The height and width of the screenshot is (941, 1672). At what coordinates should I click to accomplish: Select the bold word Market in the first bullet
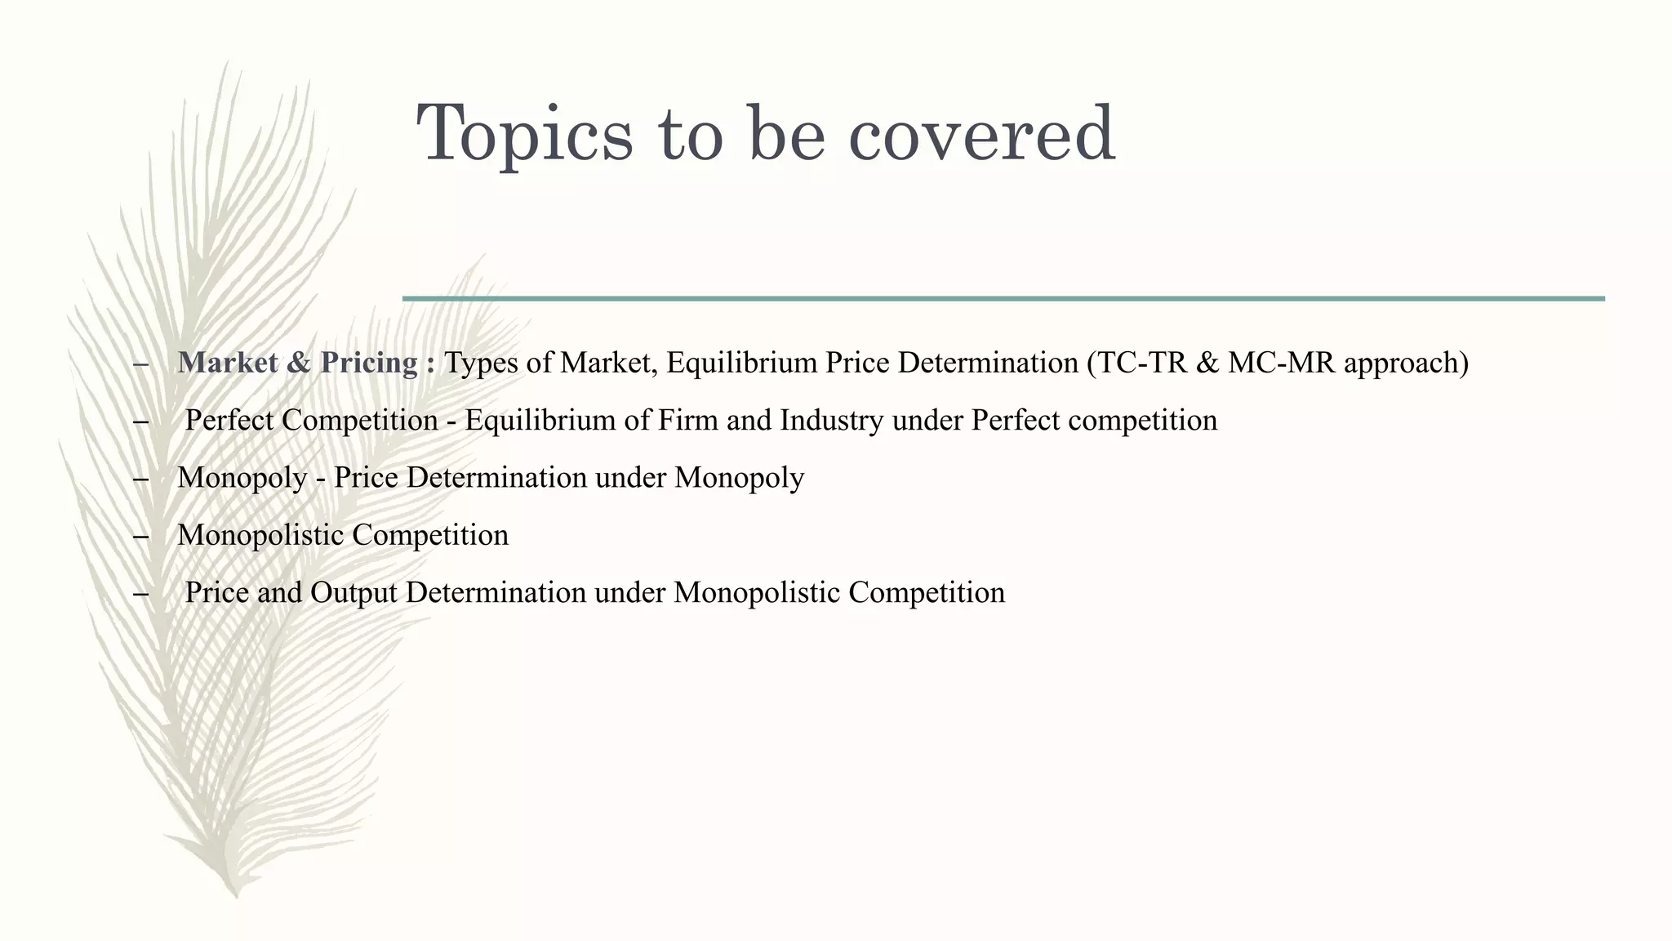point(228,363)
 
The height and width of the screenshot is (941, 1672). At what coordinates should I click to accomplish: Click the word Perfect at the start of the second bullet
point(229,421)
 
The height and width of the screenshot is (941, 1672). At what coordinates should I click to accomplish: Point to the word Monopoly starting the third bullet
point(242,478)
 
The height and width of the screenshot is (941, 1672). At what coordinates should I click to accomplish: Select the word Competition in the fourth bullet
point(430,536)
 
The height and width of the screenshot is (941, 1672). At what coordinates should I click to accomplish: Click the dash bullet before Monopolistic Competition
point(140,537)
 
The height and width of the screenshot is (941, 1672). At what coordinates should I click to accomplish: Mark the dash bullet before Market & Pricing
point(140,364)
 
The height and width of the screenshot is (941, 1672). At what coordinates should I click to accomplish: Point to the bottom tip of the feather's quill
point(236,895)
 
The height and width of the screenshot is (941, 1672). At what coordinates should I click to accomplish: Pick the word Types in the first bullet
point(480,363)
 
